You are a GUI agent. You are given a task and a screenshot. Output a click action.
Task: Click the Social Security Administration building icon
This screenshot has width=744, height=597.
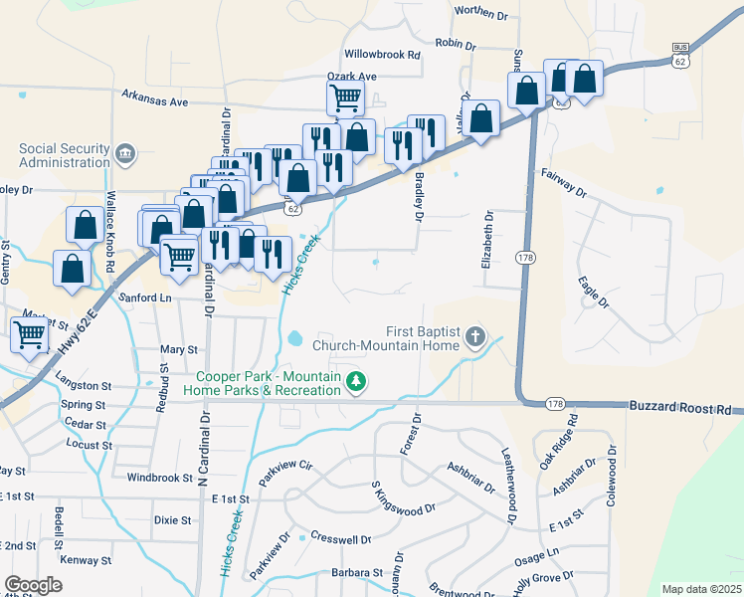coord(125,153)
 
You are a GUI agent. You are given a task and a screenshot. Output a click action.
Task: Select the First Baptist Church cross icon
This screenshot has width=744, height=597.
coord(475,337)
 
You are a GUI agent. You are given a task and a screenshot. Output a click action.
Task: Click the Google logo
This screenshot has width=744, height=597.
coord(34,584)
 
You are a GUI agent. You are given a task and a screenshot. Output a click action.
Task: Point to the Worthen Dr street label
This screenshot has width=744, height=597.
coord(480,14)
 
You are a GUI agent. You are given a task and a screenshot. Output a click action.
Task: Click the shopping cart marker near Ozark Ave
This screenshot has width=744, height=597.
coord(345,98)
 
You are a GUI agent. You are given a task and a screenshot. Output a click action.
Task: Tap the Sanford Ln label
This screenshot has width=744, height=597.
coord(145,298)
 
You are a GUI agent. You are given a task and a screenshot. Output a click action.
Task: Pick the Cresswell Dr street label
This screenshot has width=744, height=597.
coord(340,539)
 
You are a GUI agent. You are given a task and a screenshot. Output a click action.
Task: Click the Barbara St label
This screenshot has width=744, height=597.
coord(357,573)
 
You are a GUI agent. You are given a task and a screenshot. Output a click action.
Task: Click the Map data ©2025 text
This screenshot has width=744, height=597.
coord(700,589)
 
